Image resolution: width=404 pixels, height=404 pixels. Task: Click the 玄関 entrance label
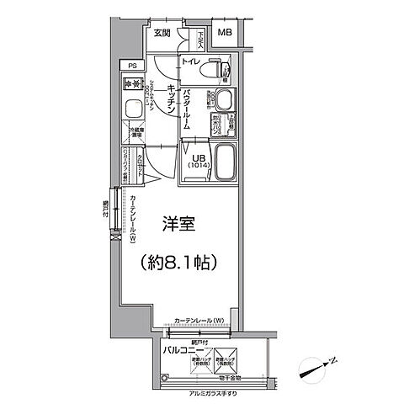coord(162,33)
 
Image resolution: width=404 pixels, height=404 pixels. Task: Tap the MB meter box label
coord(225,33)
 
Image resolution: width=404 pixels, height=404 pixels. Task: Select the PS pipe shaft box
coord(131,65)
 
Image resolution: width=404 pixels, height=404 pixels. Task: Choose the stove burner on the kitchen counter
coord(131,84)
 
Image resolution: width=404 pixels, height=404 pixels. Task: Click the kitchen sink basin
coord(132,109)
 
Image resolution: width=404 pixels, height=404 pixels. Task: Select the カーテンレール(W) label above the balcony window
coord(199,321)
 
